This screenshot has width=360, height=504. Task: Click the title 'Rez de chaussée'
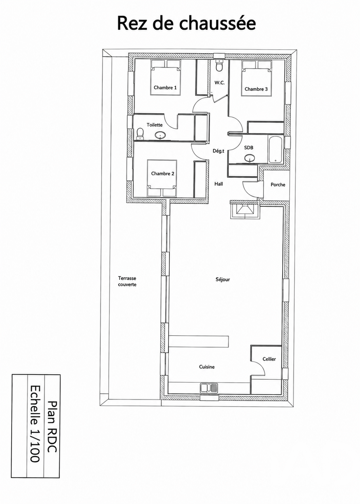coord(186,23)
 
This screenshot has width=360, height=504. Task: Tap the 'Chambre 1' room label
coord(165,88)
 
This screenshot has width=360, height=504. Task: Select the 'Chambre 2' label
coord(163,174)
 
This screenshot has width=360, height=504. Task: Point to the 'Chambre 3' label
coord(256,89)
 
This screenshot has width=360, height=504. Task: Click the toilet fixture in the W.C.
coord(219,66)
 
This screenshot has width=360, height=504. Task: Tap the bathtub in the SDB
coord(276,149)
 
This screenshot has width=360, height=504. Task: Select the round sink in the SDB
coord(249,158)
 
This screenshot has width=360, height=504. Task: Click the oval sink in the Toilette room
coord(160,136)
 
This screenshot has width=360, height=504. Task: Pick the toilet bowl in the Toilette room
coord(140,133)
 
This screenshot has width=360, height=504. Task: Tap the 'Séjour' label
coord(223,280)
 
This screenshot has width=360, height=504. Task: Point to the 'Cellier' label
coord(269,359)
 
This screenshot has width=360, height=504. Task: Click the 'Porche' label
coord(278,185)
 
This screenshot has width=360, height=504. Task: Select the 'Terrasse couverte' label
coord(127,282)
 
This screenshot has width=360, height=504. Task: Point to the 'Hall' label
coord(219,184)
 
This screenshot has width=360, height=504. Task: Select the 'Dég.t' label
coord(218,151)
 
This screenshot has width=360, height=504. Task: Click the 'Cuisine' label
coord(207,367)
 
